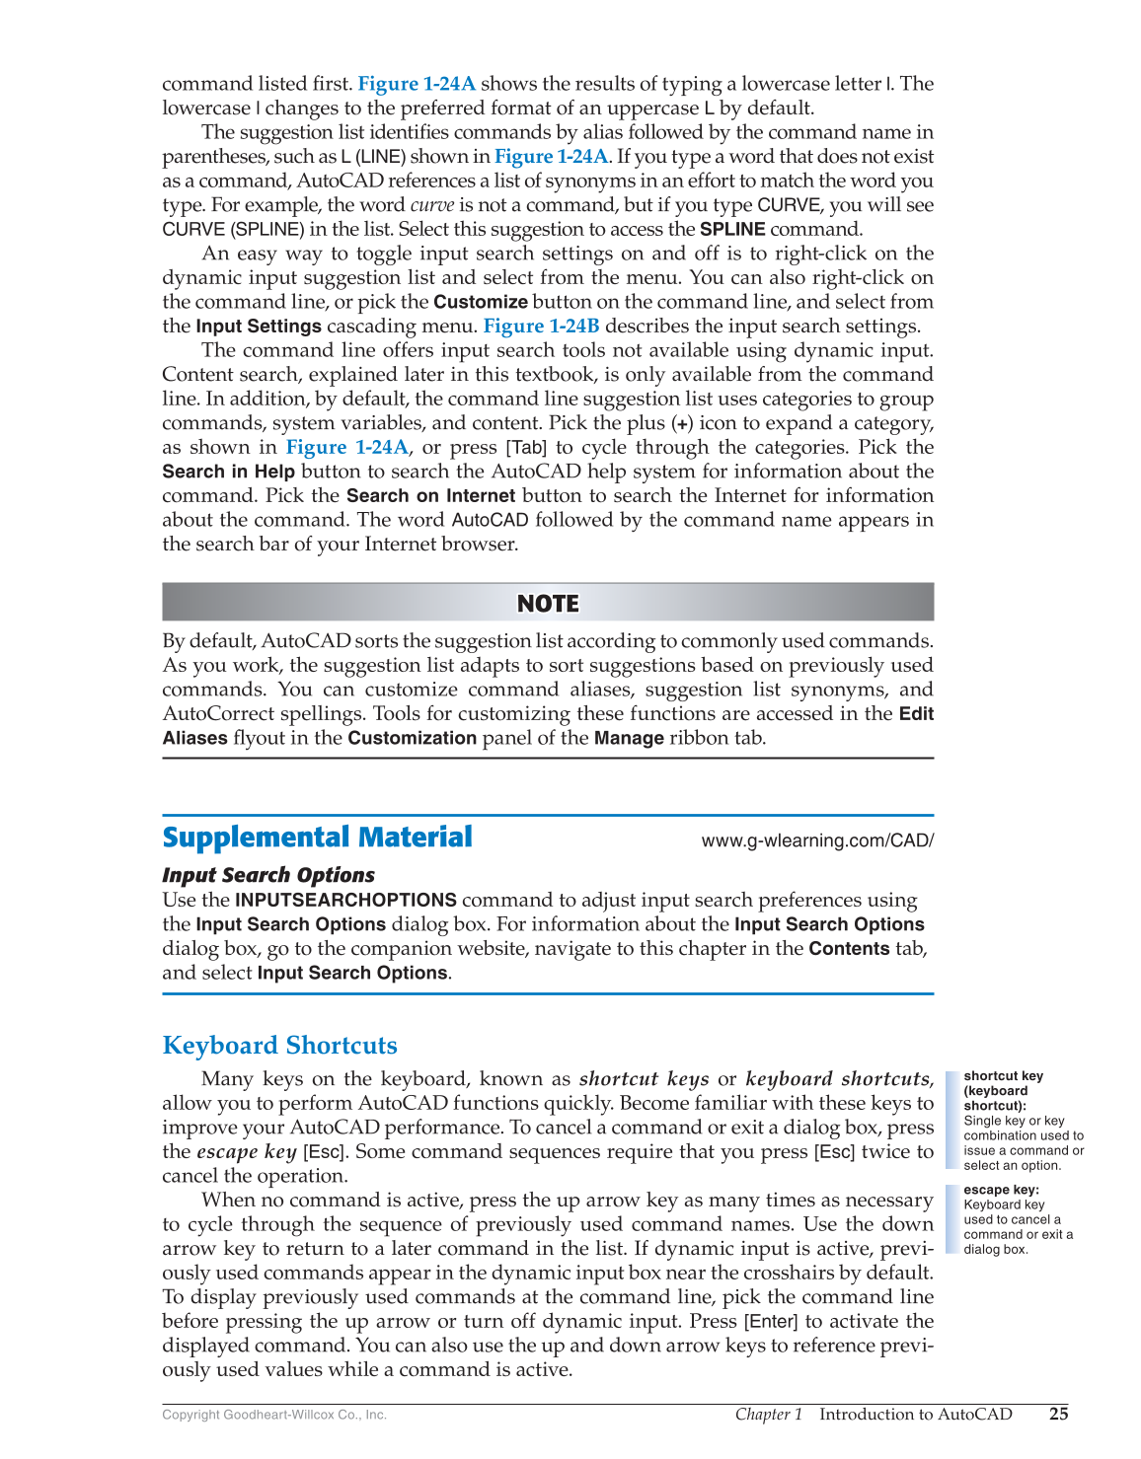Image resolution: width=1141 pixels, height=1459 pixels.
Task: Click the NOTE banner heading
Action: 548,603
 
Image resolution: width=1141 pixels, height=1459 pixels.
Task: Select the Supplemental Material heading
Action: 317,838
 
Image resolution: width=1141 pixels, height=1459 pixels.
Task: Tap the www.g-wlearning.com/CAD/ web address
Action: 816,840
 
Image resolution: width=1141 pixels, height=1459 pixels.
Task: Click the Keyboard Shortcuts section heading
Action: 279,1046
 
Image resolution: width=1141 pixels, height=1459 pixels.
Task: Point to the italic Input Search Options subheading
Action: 268,875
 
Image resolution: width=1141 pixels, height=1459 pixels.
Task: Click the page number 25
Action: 1058,1414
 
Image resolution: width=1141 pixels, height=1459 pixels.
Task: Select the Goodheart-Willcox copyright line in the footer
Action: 274,1415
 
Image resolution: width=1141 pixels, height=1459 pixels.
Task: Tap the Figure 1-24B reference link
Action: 541,327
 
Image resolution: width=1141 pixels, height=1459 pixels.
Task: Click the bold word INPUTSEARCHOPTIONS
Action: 345,900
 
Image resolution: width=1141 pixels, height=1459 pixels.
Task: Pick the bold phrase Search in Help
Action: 228,472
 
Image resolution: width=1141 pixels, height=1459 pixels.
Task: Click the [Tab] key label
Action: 525,448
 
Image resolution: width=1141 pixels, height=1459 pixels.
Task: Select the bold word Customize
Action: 481,302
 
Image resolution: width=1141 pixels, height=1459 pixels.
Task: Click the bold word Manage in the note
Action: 628,738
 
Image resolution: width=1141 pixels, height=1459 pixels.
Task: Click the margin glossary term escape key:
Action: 1001,1190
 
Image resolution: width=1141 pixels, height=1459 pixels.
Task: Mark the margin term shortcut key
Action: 1003,1076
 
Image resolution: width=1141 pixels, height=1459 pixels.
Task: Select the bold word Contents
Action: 849,949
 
